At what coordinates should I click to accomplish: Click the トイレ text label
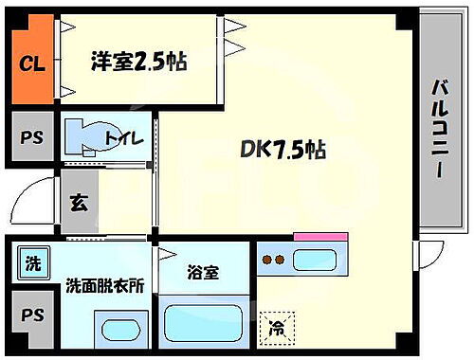click(x=123, y=140)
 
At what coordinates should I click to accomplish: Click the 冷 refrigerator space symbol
click(x=278, y=329)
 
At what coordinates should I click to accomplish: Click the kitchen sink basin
click(x=319, y=258)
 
